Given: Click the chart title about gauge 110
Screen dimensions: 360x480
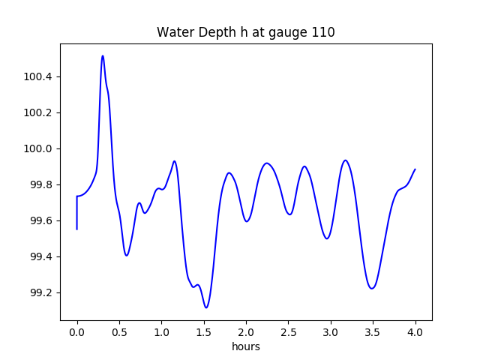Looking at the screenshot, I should (245, 32).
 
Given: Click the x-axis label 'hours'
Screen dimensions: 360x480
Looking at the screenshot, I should (246, 347).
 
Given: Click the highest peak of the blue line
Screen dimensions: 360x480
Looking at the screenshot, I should (103, 55).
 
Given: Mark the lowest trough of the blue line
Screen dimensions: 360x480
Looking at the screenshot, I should (206, 307).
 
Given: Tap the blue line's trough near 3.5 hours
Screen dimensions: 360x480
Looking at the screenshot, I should (371, 288).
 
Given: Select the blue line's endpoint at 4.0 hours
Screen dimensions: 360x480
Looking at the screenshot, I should (415, 169).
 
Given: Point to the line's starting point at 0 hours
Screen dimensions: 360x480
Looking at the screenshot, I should (77, 229).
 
